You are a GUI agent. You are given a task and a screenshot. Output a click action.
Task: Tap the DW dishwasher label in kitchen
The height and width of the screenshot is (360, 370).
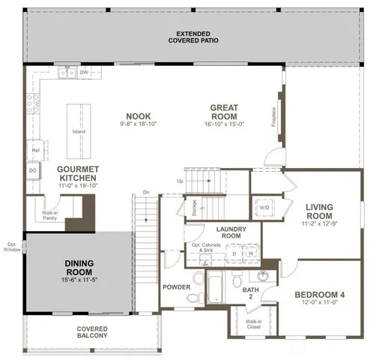click(83, 73)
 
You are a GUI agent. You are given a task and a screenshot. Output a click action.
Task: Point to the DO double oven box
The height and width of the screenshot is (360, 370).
click(34, 170)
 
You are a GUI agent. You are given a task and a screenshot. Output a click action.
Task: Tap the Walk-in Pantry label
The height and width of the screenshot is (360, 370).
click(49, 216)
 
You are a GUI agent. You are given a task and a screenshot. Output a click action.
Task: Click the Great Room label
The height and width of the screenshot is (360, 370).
click(224, 112)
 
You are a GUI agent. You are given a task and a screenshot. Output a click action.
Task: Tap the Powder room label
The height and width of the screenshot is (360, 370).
click(177, 287)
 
